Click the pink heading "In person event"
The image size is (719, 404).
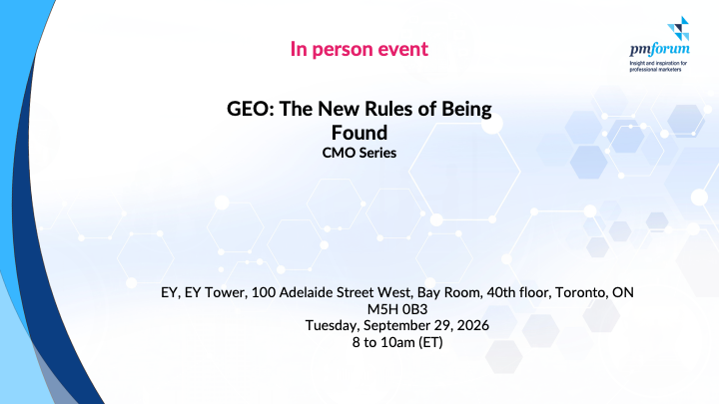tap(359, 49)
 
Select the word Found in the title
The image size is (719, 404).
tap(359, 133)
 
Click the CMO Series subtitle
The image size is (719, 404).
tap(359, 153)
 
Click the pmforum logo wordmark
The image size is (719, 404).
tap(659, 49)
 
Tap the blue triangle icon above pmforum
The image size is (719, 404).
tap(678, 28)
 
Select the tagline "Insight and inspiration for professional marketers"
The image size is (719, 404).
tap(658, 67)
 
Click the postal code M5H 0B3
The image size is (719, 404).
tap(397, 309)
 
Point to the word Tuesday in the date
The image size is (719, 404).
tap(333, 325)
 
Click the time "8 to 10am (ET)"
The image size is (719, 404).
tap(397, 342)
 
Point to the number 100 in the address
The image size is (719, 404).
tap(263, 292)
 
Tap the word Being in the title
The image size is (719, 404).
tap(466, 110)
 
